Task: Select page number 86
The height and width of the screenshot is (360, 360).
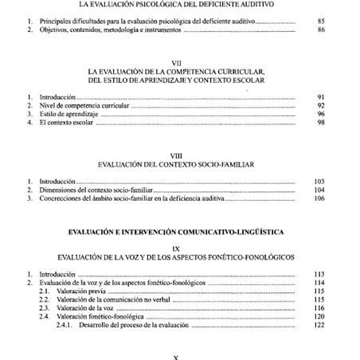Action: click(x=320, y=29)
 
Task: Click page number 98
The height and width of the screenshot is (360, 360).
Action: click(x=320, y=124)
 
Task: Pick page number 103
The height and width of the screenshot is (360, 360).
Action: click(x=319, y=182)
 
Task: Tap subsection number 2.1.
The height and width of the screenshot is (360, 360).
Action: click(x=45, y=292)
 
